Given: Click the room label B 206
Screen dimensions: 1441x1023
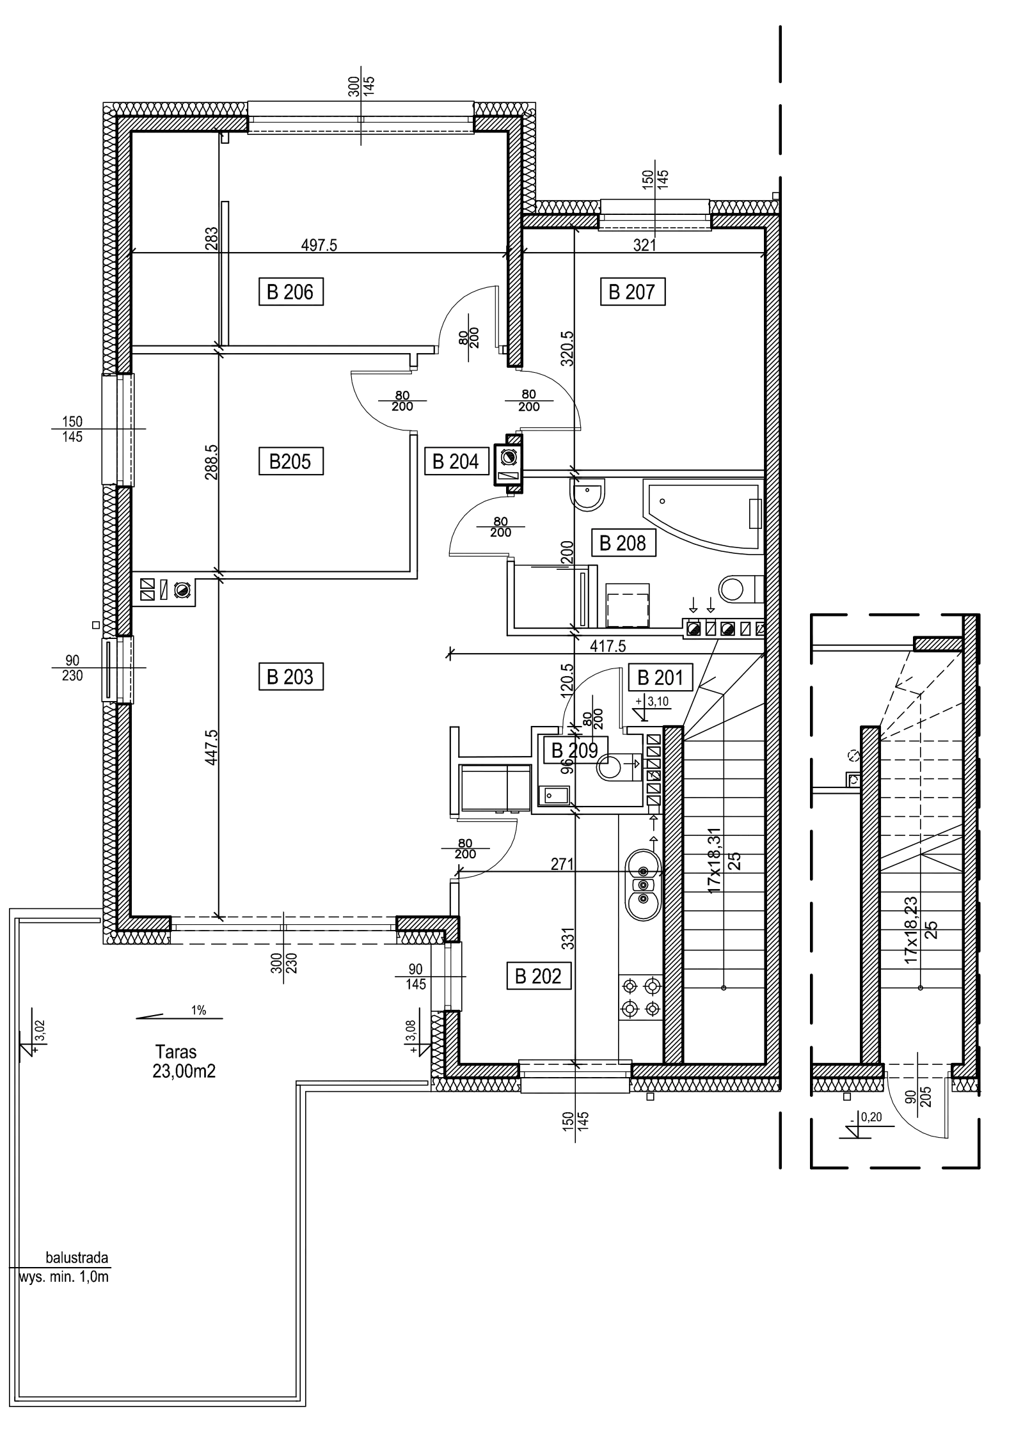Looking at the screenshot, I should (291, 292).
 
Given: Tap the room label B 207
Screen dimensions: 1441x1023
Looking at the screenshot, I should (633, 292).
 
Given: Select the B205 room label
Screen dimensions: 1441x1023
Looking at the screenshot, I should (291, 461).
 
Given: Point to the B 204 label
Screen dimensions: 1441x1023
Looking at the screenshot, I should (456, 461).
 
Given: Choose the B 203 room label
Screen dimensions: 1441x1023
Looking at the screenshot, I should (291, 676).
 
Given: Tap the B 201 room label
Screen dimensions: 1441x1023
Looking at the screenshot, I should (660, 676).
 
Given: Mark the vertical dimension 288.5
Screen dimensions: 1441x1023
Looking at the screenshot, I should (212, 462).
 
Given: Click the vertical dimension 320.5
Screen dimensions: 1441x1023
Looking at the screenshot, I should (566, 349).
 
